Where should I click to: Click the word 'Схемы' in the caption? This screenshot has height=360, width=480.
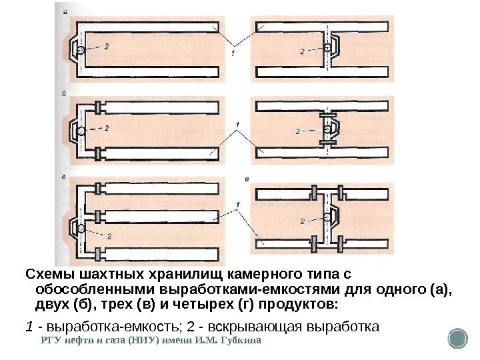[x=45, y=275]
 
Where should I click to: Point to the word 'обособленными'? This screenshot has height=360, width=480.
[x=87, y=290]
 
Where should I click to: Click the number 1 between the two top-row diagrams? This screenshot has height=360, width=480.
[x=233, y=53]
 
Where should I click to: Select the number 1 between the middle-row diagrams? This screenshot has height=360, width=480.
[x=237, y=125]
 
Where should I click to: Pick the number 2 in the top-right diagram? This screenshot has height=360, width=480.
[x=302, y=51]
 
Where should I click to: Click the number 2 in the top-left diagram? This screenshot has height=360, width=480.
[x=107, y=46]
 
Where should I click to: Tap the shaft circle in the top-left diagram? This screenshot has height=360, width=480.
[x=80, y=50]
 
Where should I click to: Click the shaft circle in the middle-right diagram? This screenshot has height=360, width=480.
[x=328, y=129]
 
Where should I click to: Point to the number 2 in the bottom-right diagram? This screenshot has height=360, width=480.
[x=302, y=221]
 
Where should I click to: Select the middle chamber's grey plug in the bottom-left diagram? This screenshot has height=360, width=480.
[x=99, y=216]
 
